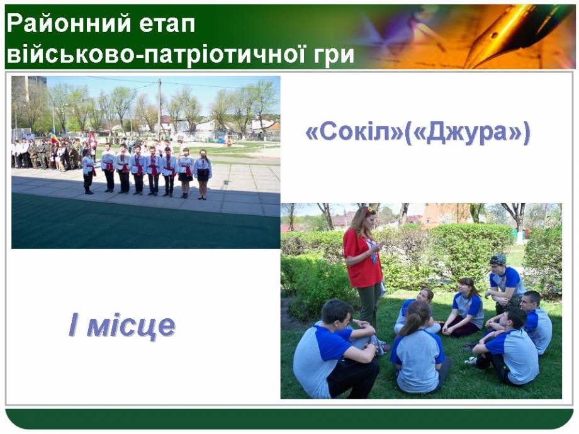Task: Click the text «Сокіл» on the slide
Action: click(354, 132)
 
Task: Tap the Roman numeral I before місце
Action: click(73, 325)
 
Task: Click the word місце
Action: click(131, 326)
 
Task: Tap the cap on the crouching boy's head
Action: click(498, 259)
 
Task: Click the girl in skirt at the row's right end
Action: click(203, 174)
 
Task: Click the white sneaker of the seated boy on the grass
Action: click(471, 360)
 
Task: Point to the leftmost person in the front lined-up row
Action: click(88, 171)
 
